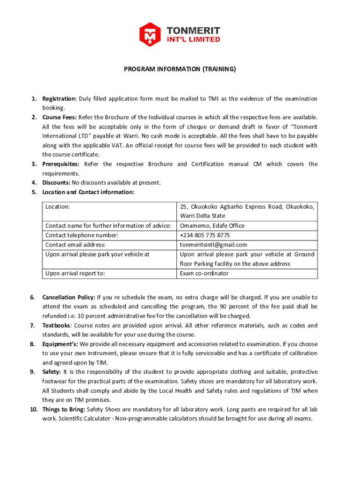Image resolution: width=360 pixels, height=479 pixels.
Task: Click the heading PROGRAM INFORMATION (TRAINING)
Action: click(180, 69)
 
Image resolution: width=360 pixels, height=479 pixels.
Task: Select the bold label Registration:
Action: click(59, 99)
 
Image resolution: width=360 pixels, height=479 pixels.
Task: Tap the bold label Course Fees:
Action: click(59, 117)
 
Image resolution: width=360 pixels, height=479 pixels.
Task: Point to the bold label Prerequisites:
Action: click(61, 164)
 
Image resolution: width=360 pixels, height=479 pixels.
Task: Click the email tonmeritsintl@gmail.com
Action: click(213, 245)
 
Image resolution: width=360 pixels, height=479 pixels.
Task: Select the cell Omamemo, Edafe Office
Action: click(212, 225)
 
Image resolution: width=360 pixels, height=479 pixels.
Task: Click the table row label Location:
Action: click(58, 206)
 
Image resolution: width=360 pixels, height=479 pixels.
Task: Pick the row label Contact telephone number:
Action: click(82, 235)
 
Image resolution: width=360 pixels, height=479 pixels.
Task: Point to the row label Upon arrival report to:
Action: click(75, 273)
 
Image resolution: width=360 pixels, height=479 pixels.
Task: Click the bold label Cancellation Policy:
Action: click(69, 297)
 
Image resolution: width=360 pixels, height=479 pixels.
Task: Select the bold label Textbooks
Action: click(57, 326)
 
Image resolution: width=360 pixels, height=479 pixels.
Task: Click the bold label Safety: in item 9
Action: click(51, 372)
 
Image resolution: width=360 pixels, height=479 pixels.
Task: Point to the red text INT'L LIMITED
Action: click(194, 40)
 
